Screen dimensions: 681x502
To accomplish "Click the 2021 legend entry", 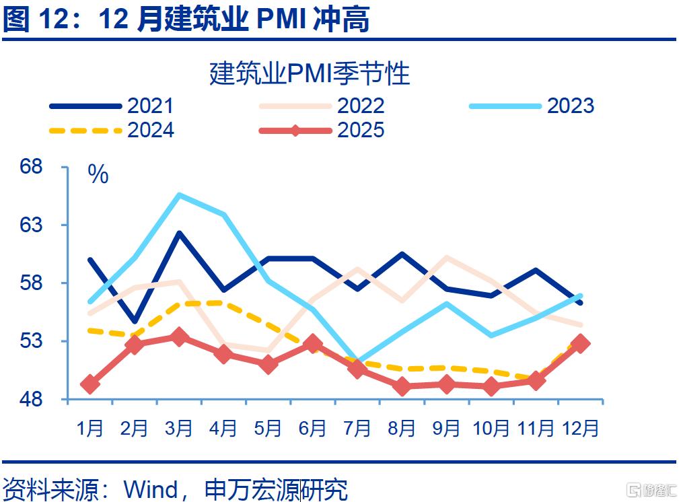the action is coord(112,106).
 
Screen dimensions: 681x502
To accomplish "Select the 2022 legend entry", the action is coord(322,106).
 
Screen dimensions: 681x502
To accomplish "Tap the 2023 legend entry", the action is coord(532,106).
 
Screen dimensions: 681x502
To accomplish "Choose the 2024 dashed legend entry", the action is coord(112,131).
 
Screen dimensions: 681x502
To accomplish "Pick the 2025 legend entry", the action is coord(322,131).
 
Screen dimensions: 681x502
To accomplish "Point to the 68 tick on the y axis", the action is coord(31,166).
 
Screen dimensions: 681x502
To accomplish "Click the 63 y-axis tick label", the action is coord(31,225).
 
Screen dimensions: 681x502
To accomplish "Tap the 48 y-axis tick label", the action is coord(31,398).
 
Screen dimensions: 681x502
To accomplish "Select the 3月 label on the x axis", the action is coord(178,428).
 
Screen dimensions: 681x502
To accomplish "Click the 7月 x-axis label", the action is coord(357,428).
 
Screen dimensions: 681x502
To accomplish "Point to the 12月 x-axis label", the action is coord(581,428).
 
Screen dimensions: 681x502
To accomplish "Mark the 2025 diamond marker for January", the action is coord(90,384).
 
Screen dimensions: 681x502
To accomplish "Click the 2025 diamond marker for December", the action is coord(580,343).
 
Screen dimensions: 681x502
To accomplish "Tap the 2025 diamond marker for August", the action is coord(402,386).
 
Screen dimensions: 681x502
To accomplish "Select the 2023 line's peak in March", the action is coord(179,194).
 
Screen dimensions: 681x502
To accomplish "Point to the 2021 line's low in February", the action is coord(135,322).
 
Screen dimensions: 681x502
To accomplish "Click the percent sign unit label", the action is coord(98,174).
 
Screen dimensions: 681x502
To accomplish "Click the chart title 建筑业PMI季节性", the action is coord(310,73).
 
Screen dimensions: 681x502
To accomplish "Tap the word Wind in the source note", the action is coord(151,489).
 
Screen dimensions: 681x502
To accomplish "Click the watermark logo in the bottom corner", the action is coord(651,489).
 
